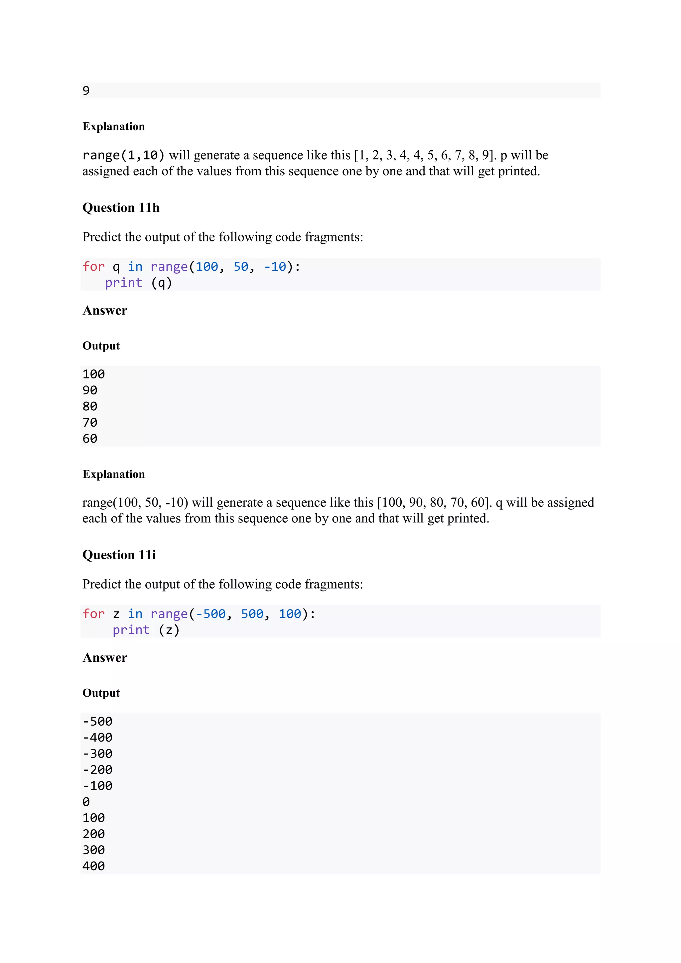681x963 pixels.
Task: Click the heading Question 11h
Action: [x=121, y=207]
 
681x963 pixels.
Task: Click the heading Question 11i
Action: [x=119, y=555]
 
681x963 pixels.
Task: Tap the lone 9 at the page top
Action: [x=86, y=90]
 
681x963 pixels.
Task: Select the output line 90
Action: [x=90, y=390]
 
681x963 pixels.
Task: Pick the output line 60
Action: [x=90, y=438]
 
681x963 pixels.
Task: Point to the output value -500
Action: [x=98, y=721]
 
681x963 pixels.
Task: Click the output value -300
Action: [x=98, y=754]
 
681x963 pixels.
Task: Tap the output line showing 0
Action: [x=86, y=802]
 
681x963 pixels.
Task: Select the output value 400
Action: [x=93, y=866]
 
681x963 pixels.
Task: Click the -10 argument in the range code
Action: [x=275, y=267]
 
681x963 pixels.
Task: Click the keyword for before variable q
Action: [x=93, y=267]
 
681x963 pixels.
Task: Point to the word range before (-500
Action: [x=169, y=614]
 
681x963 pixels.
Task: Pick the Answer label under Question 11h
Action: [x=105, y=310]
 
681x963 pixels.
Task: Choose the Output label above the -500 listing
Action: [x=101, y=693]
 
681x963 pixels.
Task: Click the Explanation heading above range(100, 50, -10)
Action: [x=114, y=475]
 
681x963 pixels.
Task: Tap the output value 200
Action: [x=93, y=834]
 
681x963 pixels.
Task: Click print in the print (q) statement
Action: [x=123, y=283]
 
